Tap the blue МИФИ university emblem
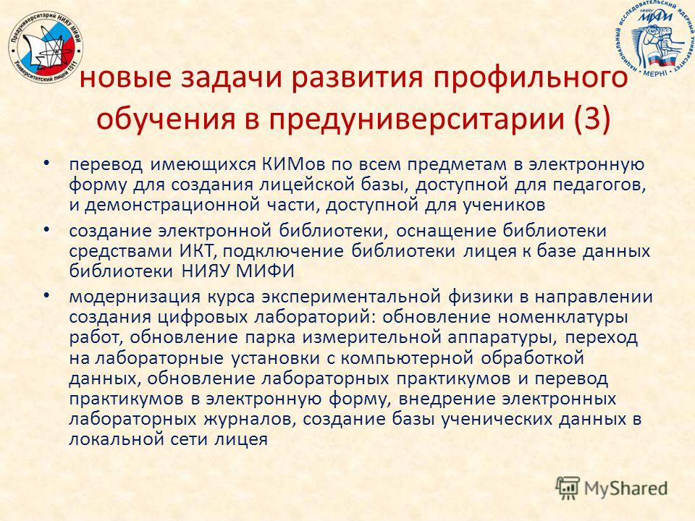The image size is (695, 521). (655, 38)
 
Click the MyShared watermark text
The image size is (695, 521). (625, 488)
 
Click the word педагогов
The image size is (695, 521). (599, 185)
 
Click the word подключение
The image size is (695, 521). (283, 252)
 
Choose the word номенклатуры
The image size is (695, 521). (562, 318)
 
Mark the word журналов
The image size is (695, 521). (250, 420)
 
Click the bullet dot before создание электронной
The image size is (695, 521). (46, 229)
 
